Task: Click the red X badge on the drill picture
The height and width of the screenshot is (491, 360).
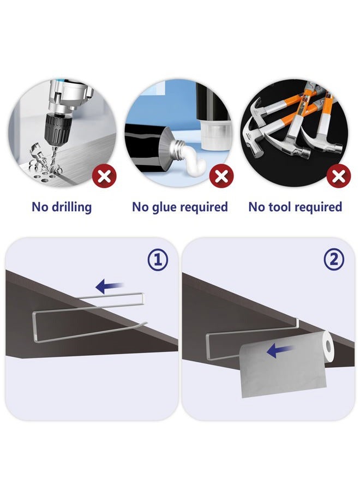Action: pyautogui.click(x=104, y=176)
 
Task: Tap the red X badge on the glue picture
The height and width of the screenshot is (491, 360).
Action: pyautogui.click(x=221, y=176)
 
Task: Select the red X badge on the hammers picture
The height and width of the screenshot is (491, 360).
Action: pyautogui.click(x=338, y=176)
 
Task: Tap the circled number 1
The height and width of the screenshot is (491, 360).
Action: pyautogui.click(x=158, y=260)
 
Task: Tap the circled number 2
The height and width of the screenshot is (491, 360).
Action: pyautogui.click(x=334, y=260)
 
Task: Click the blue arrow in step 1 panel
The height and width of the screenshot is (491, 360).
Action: pyautogui.click(x=109, y=286)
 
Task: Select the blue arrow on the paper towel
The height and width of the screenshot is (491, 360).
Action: pyautogui.click(x=280, y=350)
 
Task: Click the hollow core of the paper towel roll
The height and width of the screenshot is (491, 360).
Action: pyautogui.click(x=328, y=346)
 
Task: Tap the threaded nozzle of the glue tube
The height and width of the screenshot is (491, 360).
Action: pyautogui.click(x=177, y=147)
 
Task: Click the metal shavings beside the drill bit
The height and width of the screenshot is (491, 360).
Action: pyautogui.click(x=41, y=158)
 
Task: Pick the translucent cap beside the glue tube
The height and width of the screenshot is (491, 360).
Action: pyautogui.click(x=214, y=134)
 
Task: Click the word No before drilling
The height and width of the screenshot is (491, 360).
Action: pyautogui.click(x=40, y=207)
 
